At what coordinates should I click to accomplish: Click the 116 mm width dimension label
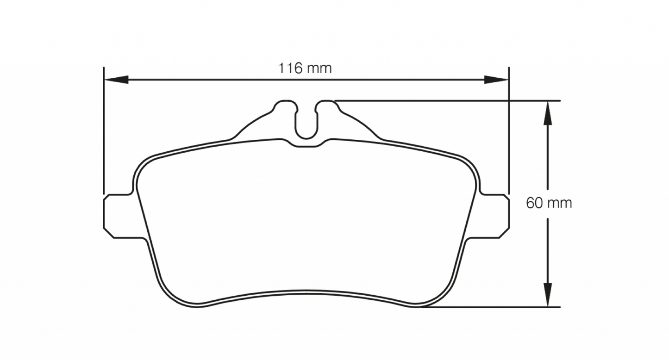[305, 68]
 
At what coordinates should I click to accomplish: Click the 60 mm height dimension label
[549, 203]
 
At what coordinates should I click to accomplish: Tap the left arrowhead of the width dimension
[116, 80]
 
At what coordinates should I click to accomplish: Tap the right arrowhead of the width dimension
[496, 80]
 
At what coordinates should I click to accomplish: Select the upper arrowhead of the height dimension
[548, 113]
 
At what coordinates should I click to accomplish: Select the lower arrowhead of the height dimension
[548, 294]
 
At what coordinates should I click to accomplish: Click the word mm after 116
[319, 68]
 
